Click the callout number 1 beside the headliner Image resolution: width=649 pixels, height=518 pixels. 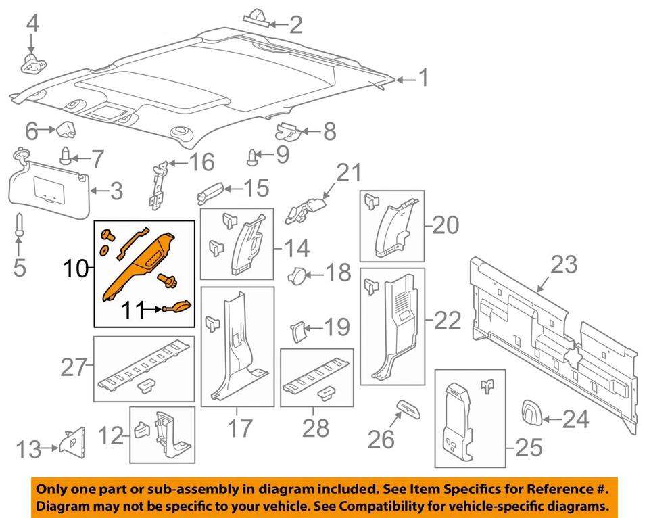point(423,79)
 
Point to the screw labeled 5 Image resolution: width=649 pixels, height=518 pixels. point(19,226)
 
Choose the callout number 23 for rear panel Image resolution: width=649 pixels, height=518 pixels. point(564,264)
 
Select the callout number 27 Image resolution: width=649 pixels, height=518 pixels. point(75,367)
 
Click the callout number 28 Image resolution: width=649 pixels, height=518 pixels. point(315,428)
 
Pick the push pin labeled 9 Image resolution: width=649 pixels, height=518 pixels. point(254,157)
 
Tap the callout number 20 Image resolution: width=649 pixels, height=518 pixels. point(445,225)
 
